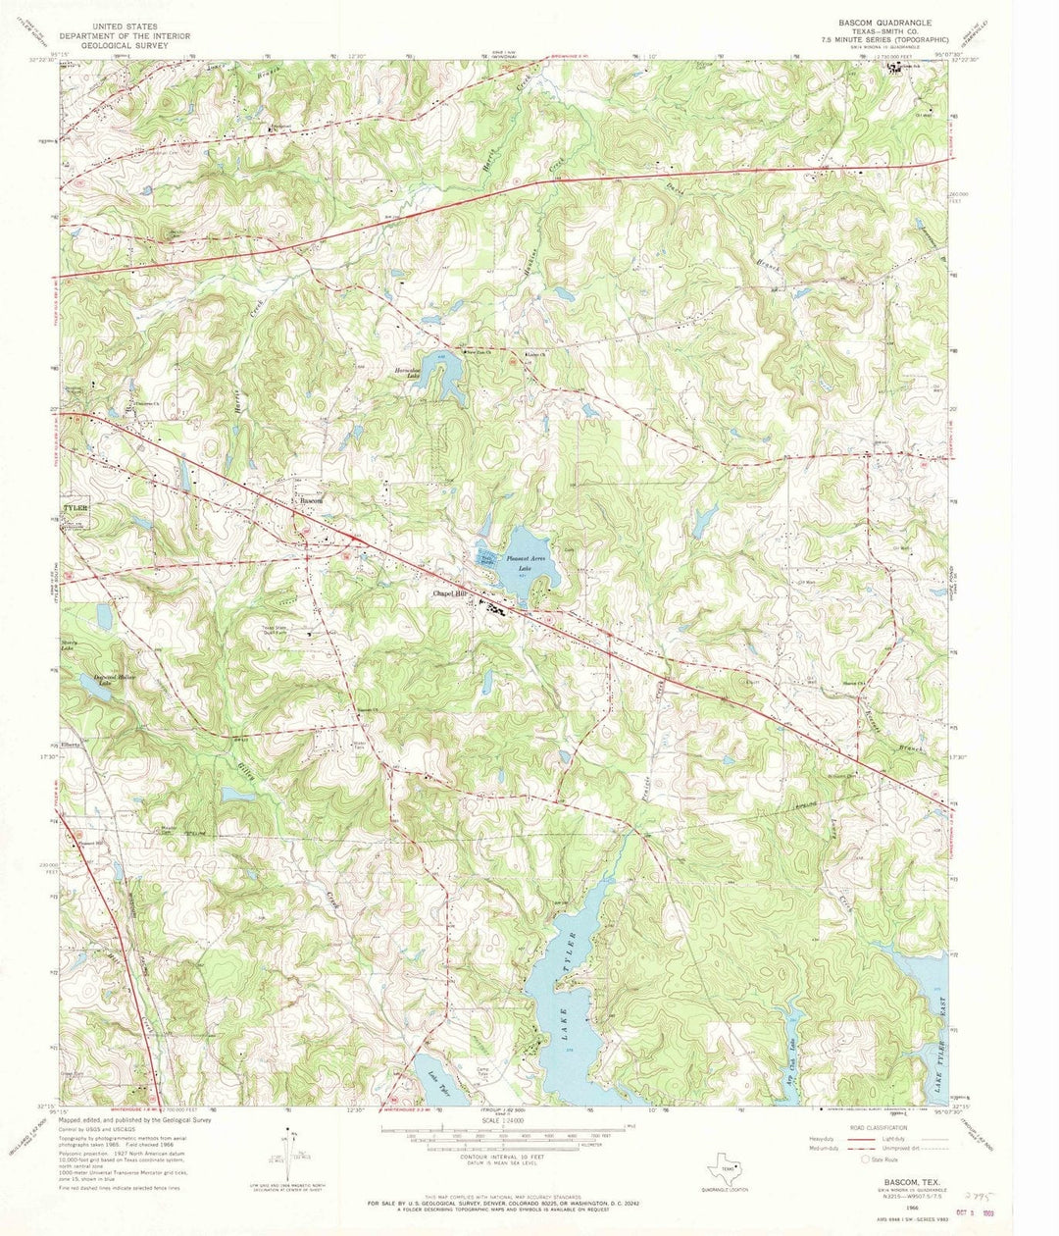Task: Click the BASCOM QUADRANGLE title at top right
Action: [883, 21]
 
